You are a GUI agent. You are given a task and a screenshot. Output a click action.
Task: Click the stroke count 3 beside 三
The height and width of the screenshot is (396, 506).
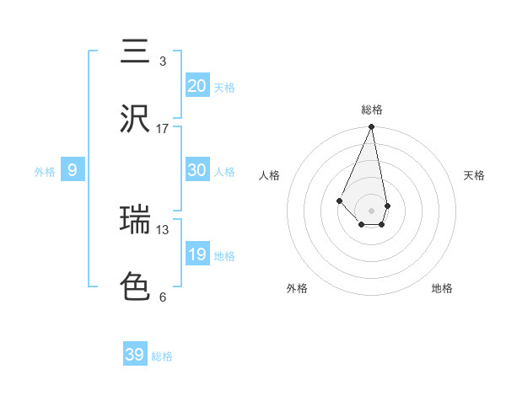click(x=163, y=62)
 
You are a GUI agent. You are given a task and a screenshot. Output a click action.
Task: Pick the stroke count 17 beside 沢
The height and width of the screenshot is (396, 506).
click(x=163, y=129)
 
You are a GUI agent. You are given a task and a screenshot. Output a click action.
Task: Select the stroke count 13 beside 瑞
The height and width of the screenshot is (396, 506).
click(x=163, y=229)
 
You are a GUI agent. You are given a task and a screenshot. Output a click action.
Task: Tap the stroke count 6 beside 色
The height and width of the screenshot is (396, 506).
click(x=163, y=297)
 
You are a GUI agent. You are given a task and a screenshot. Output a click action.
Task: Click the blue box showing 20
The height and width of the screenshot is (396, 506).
click(x=196, y=86)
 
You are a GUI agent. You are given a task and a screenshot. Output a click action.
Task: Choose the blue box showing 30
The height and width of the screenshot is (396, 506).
click(x=196, y=170)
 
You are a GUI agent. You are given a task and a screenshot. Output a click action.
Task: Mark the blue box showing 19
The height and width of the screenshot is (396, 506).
click(x=196, y=254)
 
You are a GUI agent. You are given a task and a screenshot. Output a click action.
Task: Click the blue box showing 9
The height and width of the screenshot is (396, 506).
click(x=73, y=171)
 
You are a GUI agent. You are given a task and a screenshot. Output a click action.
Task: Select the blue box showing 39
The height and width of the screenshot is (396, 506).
click(x=135, y=355)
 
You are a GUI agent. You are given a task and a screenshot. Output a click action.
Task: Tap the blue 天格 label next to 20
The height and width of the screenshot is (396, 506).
click(x=224, y=88)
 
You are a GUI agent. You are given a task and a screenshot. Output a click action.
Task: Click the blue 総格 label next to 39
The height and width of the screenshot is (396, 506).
click(x=162, y=356)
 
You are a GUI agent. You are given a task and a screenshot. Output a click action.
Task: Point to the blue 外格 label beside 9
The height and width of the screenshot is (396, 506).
click(x=45, y=172)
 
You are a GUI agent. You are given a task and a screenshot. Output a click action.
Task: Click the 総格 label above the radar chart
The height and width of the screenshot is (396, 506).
click(x=372, y=110)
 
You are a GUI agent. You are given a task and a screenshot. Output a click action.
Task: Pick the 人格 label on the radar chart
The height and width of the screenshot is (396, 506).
click(x=270, y=175)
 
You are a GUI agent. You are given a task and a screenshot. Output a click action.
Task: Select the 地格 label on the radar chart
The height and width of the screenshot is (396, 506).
click(x=442, y=288)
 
